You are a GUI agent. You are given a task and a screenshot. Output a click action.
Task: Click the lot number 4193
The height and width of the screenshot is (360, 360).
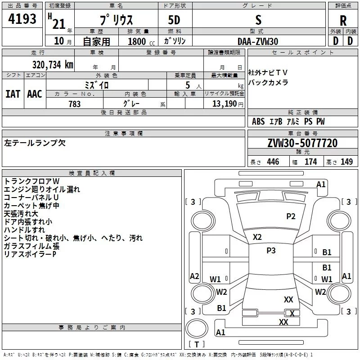point(22,19)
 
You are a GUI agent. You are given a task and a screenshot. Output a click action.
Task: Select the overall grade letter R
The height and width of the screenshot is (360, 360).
point(343,21)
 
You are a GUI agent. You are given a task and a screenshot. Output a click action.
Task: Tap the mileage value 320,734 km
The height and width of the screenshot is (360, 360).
point(53,65)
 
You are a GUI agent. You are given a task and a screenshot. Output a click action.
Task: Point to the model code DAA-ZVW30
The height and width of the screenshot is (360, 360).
point(258,41)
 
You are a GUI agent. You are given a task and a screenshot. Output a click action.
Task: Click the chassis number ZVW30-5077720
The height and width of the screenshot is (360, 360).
point(302,143)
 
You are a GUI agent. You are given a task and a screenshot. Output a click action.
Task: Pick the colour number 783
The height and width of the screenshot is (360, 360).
point(75,104)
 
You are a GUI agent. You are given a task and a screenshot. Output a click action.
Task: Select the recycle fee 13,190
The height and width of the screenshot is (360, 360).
point(225,103)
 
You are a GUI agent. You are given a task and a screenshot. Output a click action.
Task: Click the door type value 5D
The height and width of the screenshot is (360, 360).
point(174,20)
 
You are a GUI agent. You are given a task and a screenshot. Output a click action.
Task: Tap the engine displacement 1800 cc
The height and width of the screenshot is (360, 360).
point(141,41)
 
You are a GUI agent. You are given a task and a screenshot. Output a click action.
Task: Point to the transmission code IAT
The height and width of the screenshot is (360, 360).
point(13,94)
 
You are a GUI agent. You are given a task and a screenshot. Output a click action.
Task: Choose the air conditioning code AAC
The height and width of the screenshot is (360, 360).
point(35,94)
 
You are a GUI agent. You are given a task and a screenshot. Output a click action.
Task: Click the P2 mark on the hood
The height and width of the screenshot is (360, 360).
point(291,216)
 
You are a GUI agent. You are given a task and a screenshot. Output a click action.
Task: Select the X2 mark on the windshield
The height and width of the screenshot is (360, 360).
point(257,237)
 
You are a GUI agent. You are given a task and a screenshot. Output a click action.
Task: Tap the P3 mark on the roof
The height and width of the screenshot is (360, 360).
point(271,250)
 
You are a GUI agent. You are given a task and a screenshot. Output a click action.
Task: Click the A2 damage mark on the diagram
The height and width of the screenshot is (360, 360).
point(194,276)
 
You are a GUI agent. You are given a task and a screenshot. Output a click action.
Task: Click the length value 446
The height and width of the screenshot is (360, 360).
point(273,162)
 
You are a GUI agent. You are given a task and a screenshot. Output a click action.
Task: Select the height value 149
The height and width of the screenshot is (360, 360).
point(346,162)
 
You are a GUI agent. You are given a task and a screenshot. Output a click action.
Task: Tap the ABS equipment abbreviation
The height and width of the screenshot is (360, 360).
point(258,121)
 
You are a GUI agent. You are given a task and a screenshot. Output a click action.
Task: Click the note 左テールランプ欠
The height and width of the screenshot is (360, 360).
point(35,143)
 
